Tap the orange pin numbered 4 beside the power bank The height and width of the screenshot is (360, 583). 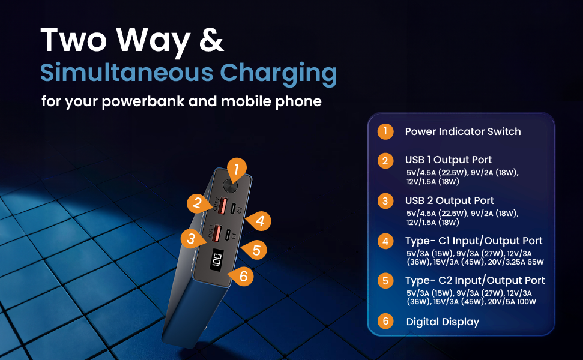(259, 220)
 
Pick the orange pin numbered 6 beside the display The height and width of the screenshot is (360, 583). (243, 276)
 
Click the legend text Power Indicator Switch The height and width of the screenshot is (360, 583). (463, 131)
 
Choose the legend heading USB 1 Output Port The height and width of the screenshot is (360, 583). (449, 160)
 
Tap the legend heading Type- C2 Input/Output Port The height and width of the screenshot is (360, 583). (475, 280)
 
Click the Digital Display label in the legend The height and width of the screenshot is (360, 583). (443, 322)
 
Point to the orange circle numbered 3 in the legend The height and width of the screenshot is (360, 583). (385, 200)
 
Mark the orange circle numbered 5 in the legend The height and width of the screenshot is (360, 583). (385, 280)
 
